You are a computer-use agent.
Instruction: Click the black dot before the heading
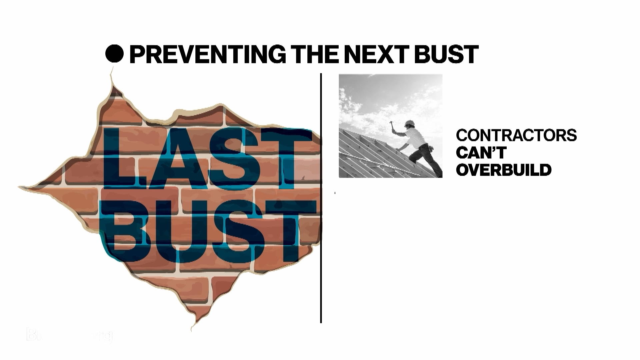(x=114, y=54)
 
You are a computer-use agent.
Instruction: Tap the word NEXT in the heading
(x=376, y=54)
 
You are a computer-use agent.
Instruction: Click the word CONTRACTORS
(x=516, y=135)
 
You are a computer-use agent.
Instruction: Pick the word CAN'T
(x=481, y=153)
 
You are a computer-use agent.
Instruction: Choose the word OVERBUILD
(x=503, y=170)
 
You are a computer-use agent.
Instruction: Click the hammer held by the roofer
(x=392, y=125)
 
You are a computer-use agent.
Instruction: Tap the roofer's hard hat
(x=410, y=123)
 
